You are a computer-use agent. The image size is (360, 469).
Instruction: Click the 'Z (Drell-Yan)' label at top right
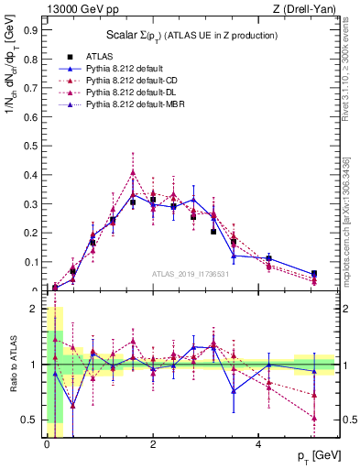309,8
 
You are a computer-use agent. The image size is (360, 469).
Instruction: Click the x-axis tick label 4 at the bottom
259,443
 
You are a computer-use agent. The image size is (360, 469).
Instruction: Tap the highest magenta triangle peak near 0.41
133,172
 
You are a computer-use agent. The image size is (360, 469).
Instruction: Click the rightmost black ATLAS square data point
313,274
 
